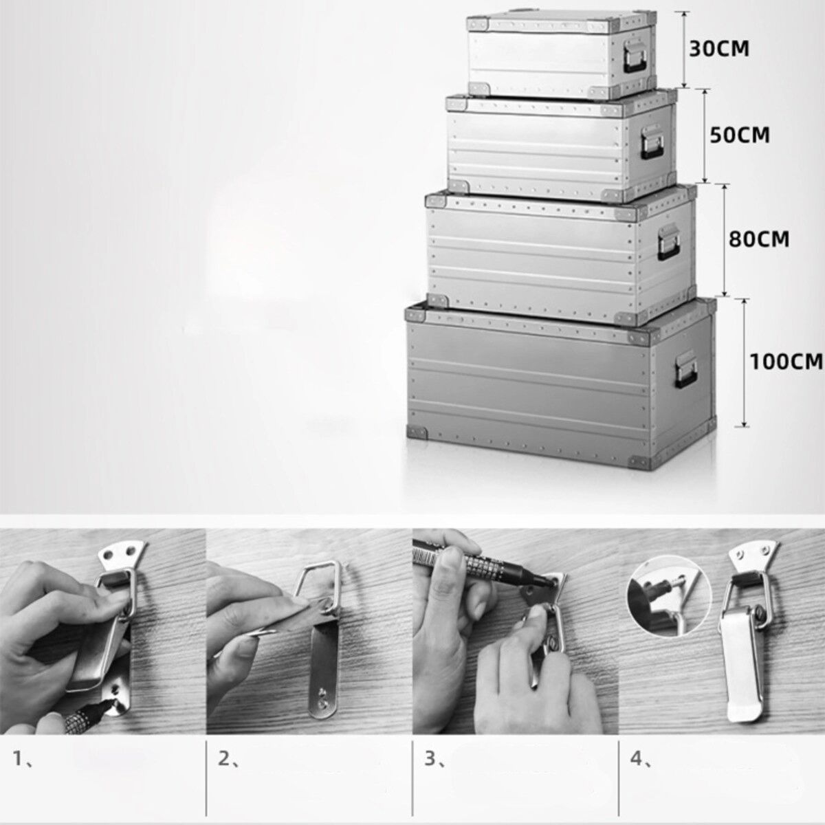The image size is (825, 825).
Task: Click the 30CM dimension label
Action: click(719, 49)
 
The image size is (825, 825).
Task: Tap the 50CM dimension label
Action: click(740, 135)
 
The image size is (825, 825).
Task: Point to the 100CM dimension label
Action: click(786, 362)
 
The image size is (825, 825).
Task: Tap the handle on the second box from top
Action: click(652, 142)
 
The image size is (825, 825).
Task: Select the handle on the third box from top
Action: click(669, 243)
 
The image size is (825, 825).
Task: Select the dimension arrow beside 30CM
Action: click(684, 49)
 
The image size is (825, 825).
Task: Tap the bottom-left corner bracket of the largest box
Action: click(417, 432)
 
